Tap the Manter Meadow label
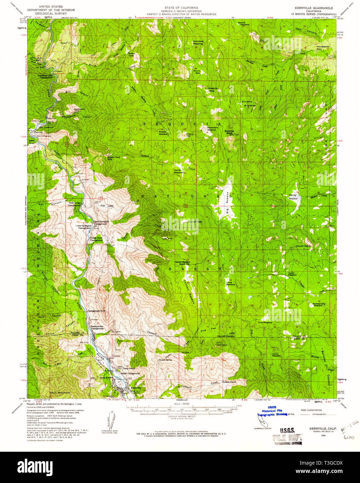[293, 197]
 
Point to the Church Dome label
[303, 246]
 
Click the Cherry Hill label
[190, 135]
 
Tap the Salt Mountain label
[60, 392]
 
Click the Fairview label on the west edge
[38, 132]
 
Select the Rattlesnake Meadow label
[319, 304]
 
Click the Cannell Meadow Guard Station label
[183, 263]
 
